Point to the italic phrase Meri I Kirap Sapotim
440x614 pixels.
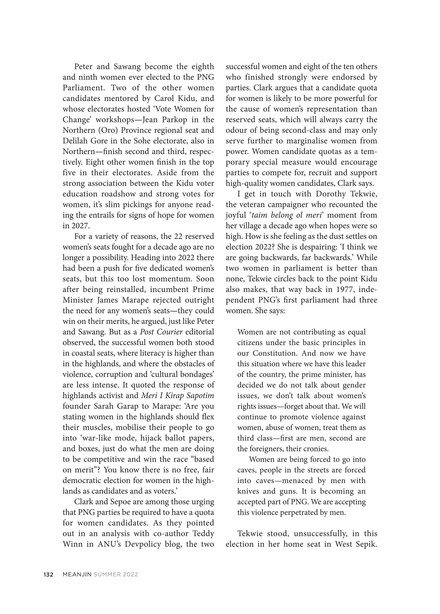coord(177,395)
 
